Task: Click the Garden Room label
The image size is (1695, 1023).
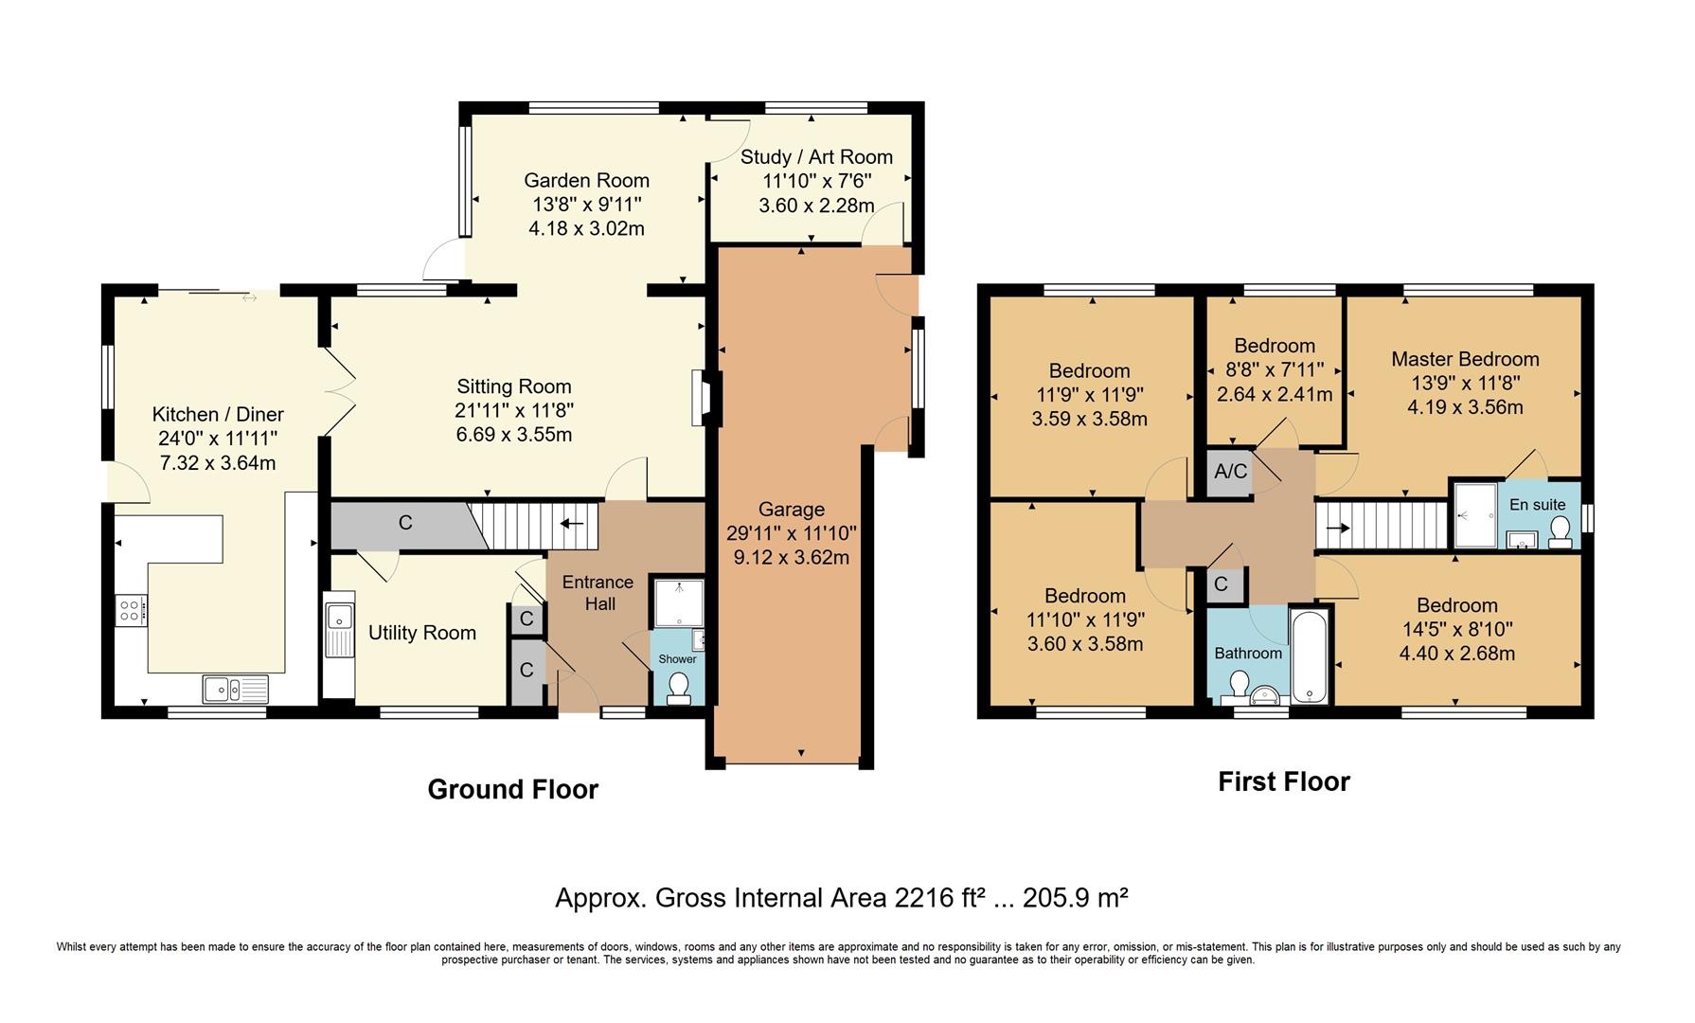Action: click(586, 180)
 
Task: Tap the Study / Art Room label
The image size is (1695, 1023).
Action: click(816, 157)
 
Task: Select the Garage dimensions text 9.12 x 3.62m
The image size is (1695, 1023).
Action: click(791, 557)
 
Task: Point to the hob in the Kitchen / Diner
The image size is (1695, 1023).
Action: click(131, 609)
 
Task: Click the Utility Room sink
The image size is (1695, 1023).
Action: click(338, 624)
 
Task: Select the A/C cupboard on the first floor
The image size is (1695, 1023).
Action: click(1230, 471)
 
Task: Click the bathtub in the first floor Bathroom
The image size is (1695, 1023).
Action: click(1310, 655)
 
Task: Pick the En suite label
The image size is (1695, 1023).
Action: click(1537, 505)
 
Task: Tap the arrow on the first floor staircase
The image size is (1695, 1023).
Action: click(1338, 528)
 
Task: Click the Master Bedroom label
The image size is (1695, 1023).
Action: click(1465, 359)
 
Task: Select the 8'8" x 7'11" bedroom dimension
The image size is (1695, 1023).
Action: click(1274, 370)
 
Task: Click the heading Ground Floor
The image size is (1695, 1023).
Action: click(512, 789)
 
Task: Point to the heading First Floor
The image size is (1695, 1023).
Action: click(1283, 781)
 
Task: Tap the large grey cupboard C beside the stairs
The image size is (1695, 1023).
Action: click(405, 523)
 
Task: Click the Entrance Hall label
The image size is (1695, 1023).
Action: click(598, 593)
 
